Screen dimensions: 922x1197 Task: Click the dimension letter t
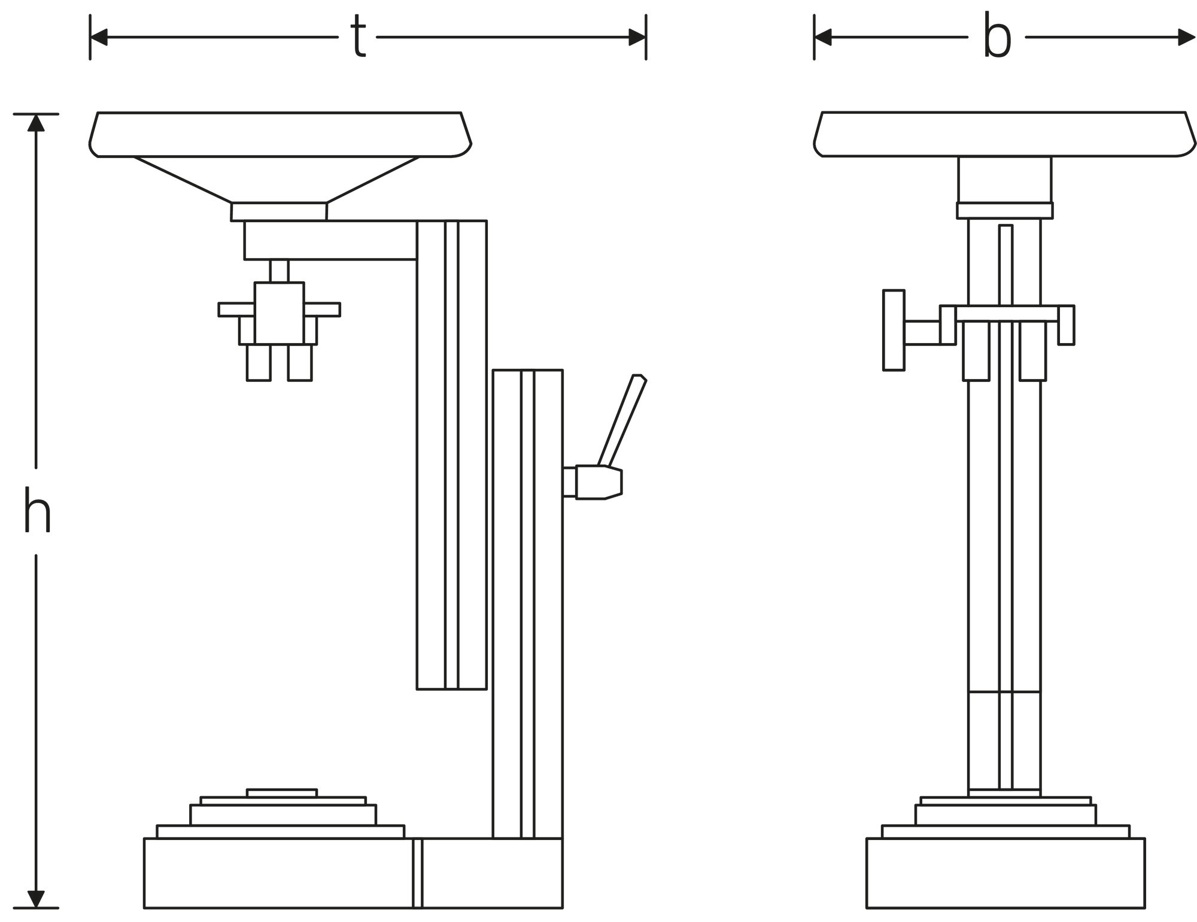pyautogui.click(x=358, y=37)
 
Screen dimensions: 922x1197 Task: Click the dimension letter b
pyautogui.click(x=997, y=40)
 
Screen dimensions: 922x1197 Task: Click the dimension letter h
pyautogui.click(x=37, y=511)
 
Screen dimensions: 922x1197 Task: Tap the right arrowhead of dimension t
pyautogui.click(x=637, y=37)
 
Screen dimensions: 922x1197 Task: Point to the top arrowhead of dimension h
pyautogui.click(x=36, y=123)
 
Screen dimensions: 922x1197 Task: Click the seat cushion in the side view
pyautogui.click(x=279, y=134)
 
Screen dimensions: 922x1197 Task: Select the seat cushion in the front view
pyautogui.click(x=1004, y=134)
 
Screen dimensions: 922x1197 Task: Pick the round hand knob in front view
pyautogui.click(x=894, y=330)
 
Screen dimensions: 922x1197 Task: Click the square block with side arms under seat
pyautogui.click(x=279, y=313)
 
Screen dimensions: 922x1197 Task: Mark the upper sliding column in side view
pyautogui.click(x=451, y=455)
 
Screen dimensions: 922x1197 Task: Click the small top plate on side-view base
pyautogui.click(x=281, y=793)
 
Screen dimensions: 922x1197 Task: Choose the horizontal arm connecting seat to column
pyautogui.click(x=330, y=240)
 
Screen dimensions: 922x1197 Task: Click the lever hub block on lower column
pyautogui.click(x=597, y=482)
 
